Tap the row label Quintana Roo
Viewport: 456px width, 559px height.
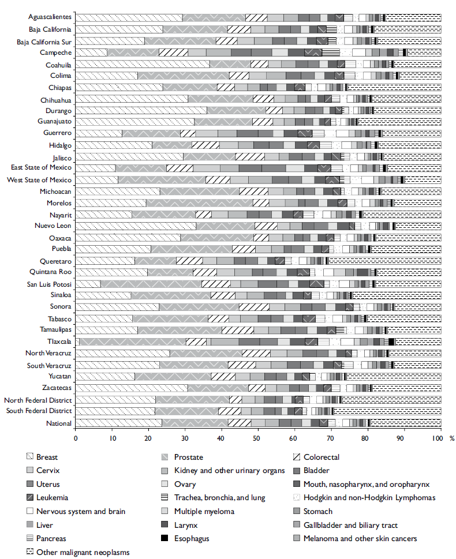[x=50, y=272]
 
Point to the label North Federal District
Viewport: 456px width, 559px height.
[x=38, y=400]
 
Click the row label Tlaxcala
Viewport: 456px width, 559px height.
[x=58, y=342]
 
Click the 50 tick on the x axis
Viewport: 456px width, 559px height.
[x=257, y=439]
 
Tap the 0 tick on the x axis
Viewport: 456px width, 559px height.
[x=76, y=439]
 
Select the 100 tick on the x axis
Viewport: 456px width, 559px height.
[x=437, y=439]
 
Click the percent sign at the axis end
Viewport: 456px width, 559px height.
[x=451, y=439]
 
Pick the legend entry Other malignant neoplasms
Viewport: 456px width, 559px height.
[x=83, y=552]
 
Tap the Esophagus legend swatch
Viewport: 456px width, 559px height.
[x=166, y=539]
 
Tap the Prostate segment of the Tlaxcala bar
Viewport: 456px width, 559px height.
[x=133, y=342]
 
